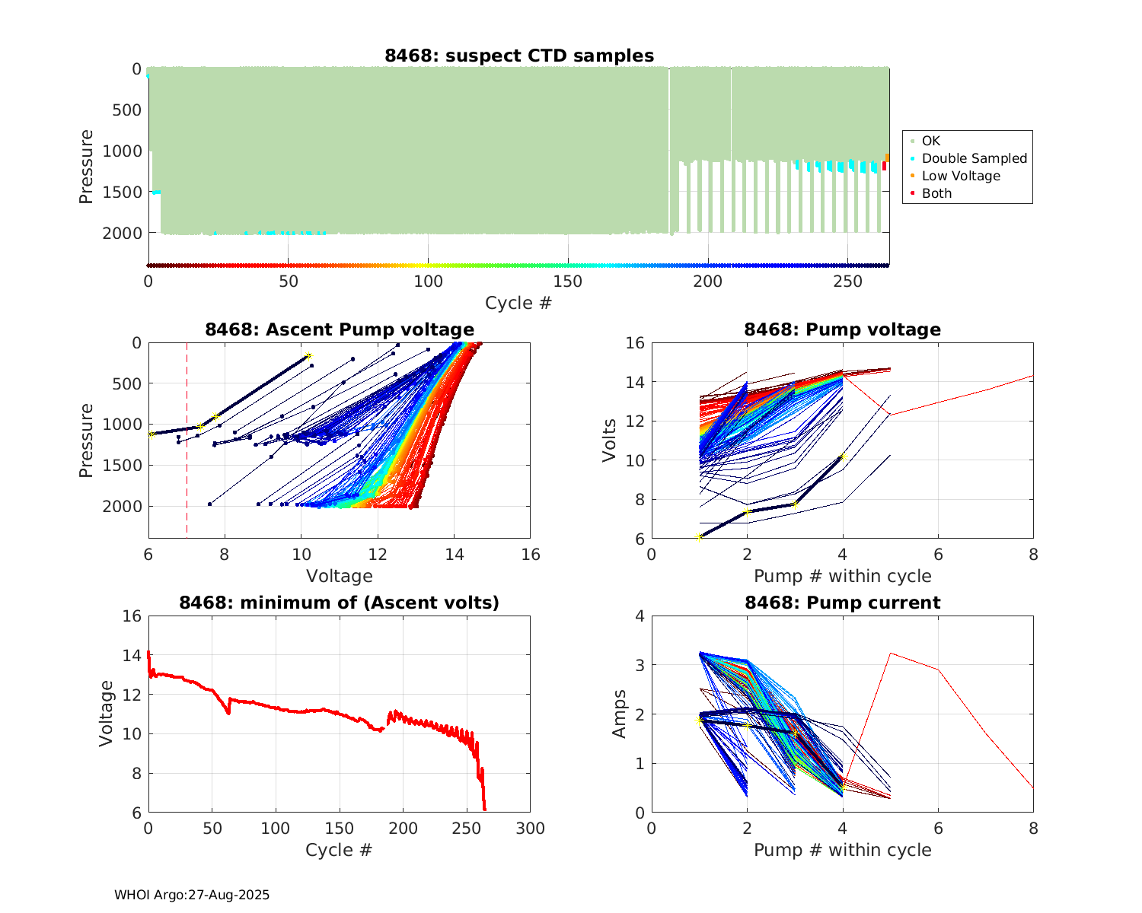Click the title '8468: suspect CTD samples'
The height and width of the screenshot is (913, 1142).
click(x=518, y=56)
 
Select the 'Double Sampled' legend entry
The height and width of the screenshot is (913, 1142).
click(x=974, y=158)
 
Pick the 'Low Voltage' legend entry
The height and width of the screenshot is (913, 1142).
click(x=961, y=176)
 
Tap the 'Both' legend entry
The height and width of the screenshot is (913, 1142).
click(x=936, y=193)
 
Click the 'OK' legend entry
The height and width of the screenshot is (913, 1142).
click(x=930, y=141)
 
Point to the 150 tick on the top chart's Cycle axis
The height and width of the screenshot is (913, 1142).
click(x=568, y=282)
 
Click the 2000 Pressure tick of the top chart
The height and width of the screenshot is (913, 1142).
click(x=122, y=234)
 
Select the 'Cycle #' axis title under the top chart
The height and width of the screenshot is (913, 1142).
click(x=518, y=303)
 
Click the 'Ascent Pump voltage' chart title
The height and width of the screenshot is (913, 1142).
click(x=340, y=329)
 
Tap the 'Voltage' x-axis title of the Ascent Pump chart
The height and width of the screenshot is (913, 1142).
click(x=340, y=576)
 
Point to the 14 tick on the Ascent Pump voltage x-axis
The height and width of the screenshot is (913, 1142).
click(x=455, y=555)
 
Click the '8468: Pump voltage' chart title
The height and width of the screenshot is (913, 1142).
click(x=842, y=329)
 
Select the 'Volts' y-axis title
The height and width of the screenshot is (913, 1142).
click(x=609, y=441)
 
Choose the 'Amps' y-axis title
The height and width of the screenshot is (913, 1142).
click(x=620, y=714)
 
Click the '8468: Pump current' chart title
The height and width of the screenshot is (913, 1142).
click(x=842, y=603)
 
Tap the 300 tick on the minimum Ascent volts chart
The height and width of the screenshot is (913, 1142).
click(x=530, y=829)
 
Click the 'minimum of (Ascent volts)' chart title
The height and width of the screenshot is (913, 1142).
click(x=340, y=603)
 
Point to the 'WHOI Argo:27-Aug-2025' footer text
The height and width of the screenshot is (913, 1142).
click(x=192, y=895)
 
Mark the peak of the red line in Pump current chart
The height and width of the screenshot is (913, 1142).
click(x=890, y=653)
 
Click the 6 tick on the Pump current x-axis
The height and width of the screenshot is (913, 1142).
click(x=938, y=829)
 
